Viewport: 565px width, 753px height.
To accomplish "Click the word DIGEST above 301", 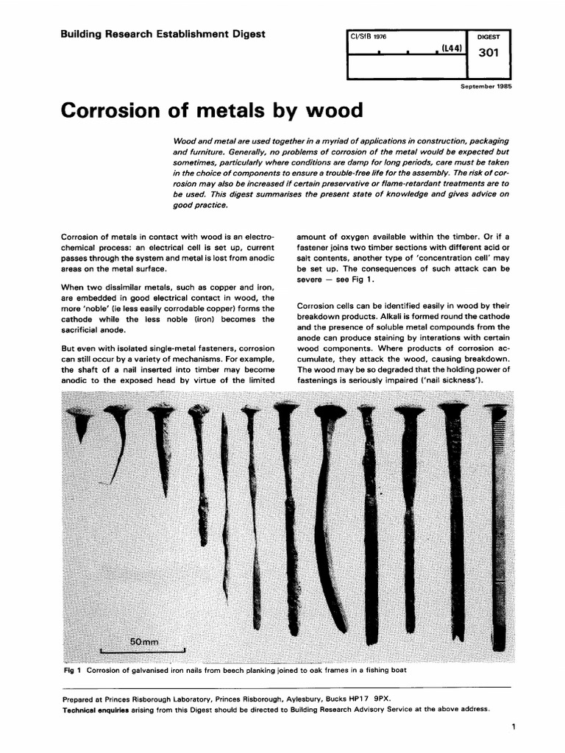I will click(488, 35).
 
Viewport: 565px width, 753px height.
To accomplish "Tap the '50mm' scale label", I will click(144, 641).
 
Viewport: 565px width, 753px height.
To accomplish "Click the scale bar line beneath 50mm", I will click(143, 652).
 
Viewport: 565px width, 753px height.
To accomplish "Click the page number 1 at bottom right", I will click(510, 727).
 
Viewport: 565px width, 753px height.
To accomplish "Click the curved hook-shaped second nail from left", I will click(119, 441).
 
